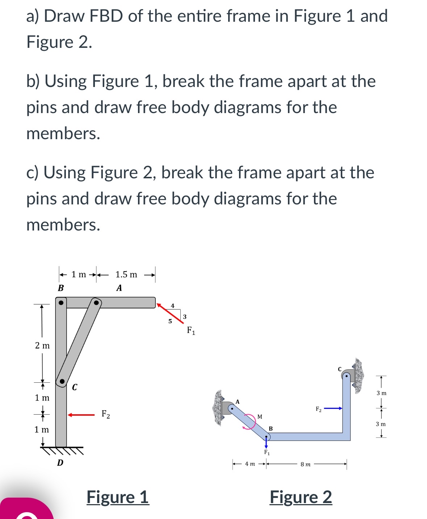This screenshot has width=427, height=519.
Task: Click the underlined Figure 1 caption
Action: coord(118,497)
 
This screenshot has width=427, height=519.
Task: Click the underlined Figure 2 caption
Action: coord(301,497)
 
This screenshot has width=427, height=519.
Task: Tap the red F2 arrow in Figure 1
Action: coord(81,415)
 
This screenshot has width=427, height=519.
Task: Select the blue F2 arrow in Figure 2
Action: coord(333,408)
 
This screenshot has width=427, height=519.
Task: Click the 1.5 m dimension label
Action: coord(126,275)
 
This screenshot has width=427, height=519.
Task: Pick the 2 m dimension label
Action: coord(42,345)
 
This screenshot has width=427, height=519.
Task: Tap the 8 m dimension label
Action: coord(305,464)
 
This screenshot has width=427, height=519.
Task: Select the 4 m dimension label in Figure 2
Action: coord(250,464)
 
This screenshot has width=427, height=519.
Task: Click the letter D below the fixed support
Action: coord(60,463)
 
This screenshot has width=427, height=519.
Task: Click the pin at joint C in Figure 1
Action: coord(62,381)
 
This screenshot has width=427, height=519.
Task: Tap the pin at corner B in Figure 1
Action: coord(61,302)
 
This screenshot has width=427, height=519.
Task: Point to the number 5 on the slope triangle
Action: coord(170,321)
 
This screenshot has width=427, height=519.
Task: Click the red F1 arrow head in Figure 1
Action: coord(159,305)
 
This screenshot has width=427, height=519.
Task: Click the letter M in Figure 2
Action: coord(260,417)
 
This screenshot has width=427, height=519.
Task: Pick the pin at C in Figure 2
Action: coord(346,376)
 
